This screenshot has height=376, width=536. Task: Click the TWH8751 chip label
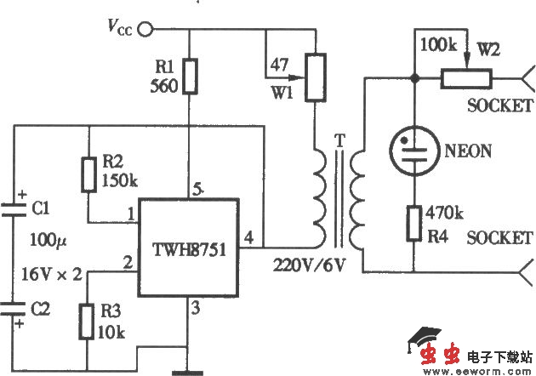click(188, 251)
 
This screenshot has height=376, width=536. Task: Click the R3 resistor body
click(88, 322)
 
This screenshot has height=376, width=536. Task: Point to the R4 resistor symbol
click(414, 221)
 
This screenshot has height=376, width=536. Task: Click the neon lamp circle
click(414, 151)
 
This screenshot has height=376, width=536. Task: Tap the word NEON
click(468, 151)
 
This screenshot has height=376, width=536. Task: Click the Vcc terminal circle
click(145, 30)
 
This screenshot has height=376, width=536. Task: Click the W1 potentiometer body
click(316, 75)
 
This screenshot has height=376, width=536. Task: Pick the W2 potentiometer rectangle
click(465, 78)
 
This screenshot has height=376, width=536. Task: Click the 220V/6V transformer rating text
click(308, 265)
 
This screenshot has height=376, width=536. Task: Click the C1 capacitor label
click(40, 207)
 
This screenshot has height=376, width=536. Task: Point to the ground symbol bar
click(190, 371)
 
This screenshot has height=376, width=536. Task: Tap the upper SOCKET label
click(500, 105)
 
